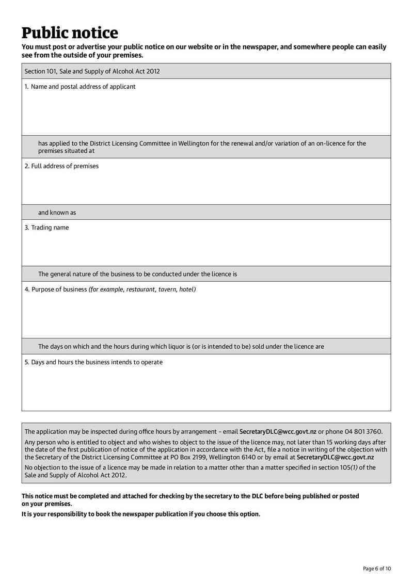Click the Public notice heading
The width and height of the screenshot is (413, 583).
pyautogui.click(x=70, y=33)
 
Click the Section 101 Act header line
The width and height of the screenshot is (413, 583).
pyautogui.click(x=92, y=71)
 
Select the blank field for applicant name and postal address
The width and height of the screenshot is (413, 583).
pyautogui.click(x=206, y=114)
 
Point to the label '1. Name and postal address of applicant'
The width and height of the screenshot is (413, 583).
pyautogui.click(x=80, y=87)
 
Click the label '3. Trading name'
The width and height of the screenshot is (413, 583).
pyautogui.click(x=46, y=228)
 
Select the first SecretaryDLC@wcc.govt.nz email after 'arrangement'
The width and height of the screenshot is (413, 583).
pyautogui.click(x=278, y=431)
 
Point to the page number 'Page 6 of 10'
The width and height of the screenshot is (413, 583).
pyautogui.click(x=377, y=569)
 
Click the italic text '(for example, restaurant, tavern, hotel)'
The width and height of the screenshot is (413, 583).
pyautogui.click(x=142, y=289)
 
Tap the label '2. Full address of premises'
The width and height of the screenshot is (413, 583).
pyautogui.click(x=61, y=166)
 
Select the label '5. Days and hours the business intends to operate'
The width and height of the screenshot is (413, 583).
pyautogui.click(x=93, y=362)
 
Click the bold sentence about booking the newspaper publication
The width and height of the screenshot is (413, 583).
pyautogui.click(x=141, y=514)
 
